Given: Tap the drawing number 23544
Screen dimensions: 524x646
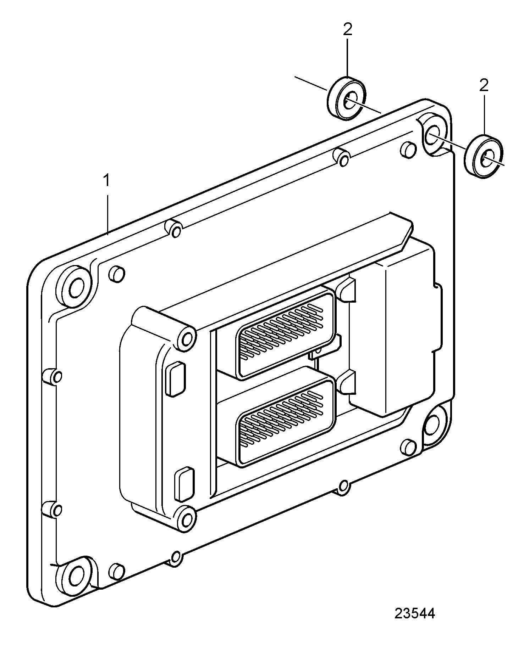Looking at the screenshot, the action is coord(414,613).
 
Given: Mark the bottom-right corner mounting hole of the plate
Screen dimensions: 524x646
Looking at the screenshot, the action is coord(432,425).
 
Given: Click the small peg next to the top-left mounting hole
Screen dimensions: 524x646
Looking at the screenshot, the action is coord(117,273).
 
